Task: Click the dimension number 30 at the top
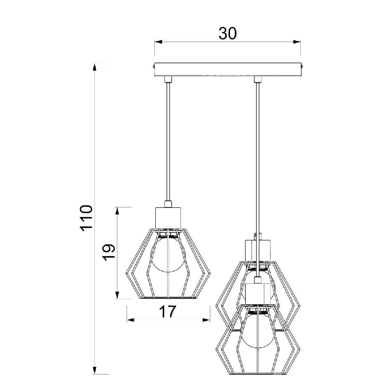coord(227,34)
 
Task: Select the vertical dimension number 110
coord(86,218)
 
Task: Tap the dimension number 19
coord(109,252)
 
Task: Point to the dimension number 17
coord(167,311)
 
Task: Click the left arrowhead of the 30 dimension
coord(158,42)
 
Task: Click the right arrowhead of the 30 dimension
coord(297,42)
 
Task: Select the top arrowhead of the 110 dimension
coord(94,67)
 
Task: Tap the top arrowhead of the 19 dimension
coord(117,211)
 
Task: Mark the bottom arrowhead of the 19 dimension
coord(117,295)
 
